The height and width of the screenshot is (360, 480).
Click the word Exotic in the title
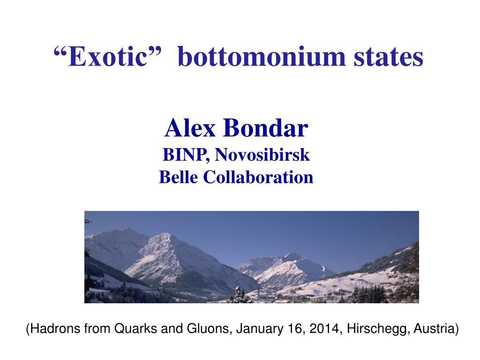click(108, 57)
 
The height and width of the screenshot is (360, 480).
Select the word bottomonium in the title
click(262, 56)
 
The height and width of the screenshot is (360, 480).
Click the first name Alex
click(190, 128)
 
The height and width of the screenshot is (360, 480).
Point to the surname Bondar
click(266, 128)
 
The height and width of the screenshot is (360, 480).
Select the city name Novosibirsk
click(262, 155)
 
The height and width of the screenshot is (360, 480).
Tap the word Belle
click(178, 177)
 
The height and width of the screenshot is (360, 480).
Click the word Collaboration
click(258, 177)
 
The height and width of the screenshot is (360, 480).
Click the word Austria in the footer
click(434, 329)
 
